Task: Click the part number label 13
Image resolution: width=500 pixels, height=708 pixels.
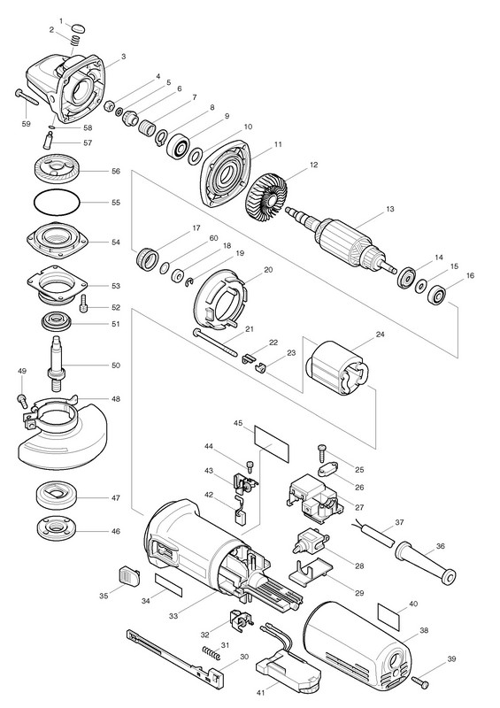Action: tap(390, 209)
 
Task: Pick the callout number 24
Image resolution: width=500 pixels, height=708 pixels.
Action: tap(380, 335)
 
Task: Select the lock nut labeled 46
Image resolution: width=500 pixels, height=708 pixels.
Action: tap(57, 527)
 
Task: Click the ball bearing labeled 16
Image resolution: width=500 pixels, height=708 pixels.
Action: tap(438, 296)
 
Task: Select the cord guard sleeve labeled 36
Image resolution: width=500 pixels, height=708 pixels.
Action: tap(426, 562)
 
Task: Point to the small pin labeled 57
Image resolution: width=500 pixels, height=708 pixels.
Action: tap(48, 139)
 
